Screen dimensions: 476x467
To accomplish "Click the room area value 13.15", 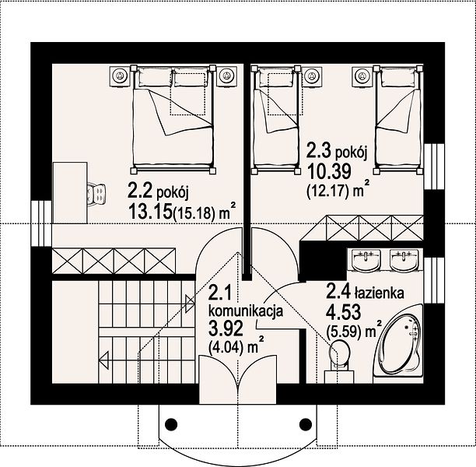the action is pos(150,211).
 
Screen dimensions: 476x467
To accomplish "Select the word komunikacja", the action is pos(247,311).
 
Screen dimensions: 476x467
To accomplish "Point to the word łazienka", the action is pos(379,293).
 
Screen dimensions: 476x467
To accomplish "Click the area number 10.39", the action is pos(329,171).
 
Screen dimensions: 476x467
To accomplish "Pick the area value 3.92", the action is pos(226,328).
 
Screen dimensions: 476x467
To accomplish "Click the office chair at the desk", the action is pos(97,193).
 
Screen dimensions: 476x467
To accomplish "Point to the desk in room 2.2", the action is pos(70,193).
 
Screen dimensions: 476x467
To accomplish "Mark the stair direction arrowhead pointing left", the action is pos(103,360).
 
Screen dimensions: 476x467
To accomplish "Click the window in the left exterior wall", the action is pos(41,223).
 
